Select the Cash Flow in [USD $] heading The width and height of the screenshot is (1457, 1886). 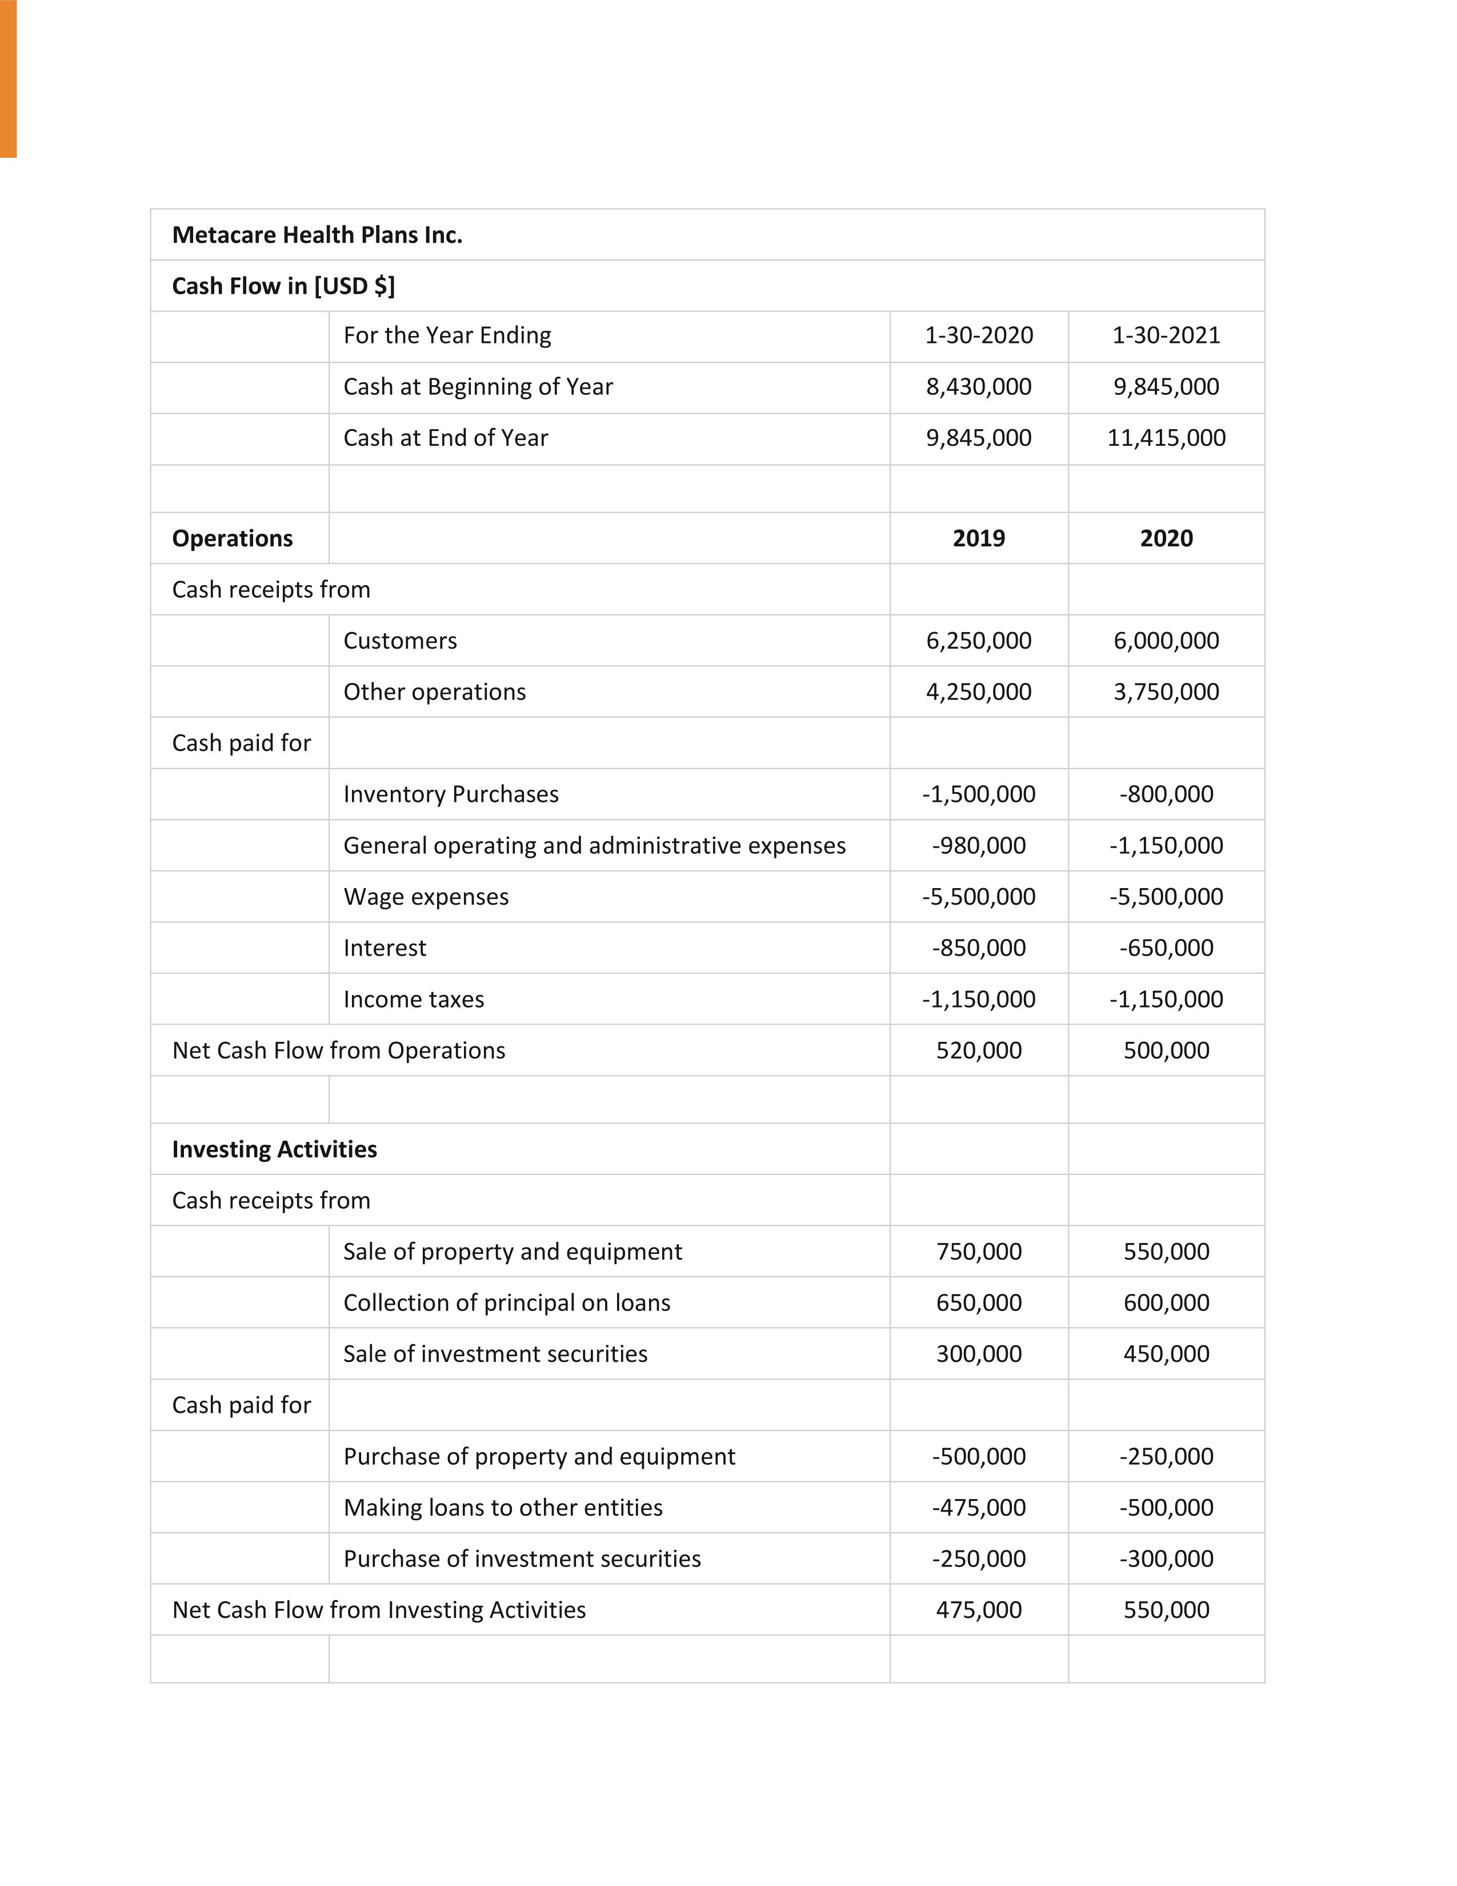tap(283, 286)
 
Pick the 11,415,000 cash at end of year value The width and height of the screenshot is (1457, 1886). tap(1166, 438)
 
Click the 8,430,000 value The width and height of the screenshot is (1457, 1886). tap(979, 387)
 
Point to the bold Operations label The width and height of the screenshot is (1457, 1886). tap(232, 538)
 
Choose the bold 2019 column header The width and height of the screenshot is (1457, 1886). tap(979, 538)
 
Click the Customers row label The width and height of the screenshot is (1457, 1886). tap(399, 641)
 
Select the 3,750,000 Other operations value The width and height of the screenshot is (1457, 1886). tap(1166, 692)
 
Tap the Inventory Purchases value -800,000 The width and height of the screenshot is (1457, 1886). tap(1166, 794)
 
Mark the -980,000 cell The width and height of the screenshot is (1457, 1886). tap(979, 845)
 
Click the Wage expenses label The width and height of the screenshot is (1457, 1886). tap(426, 896)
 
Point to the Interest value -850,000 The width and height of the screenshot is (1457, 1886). tap(979, 948)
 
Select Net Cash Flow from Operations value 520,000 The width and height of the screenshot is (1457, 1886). tap(979, 1051)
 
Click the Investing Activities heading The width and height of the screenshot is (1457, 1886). tap(274, 1149)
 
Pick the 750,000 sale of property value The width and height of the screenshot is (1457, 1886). tap(979, 1251)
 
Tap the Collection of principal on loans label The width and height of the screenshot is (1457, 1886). tap(507, 1302)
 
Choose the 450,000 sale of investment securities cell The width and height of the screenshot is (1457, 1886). tap(1166, 1354)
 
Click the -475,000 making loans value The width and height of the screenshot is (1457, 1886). tap(979, 1508)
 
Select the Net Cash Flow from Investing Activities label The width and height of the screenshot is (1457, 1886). tap(379, 1609)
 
